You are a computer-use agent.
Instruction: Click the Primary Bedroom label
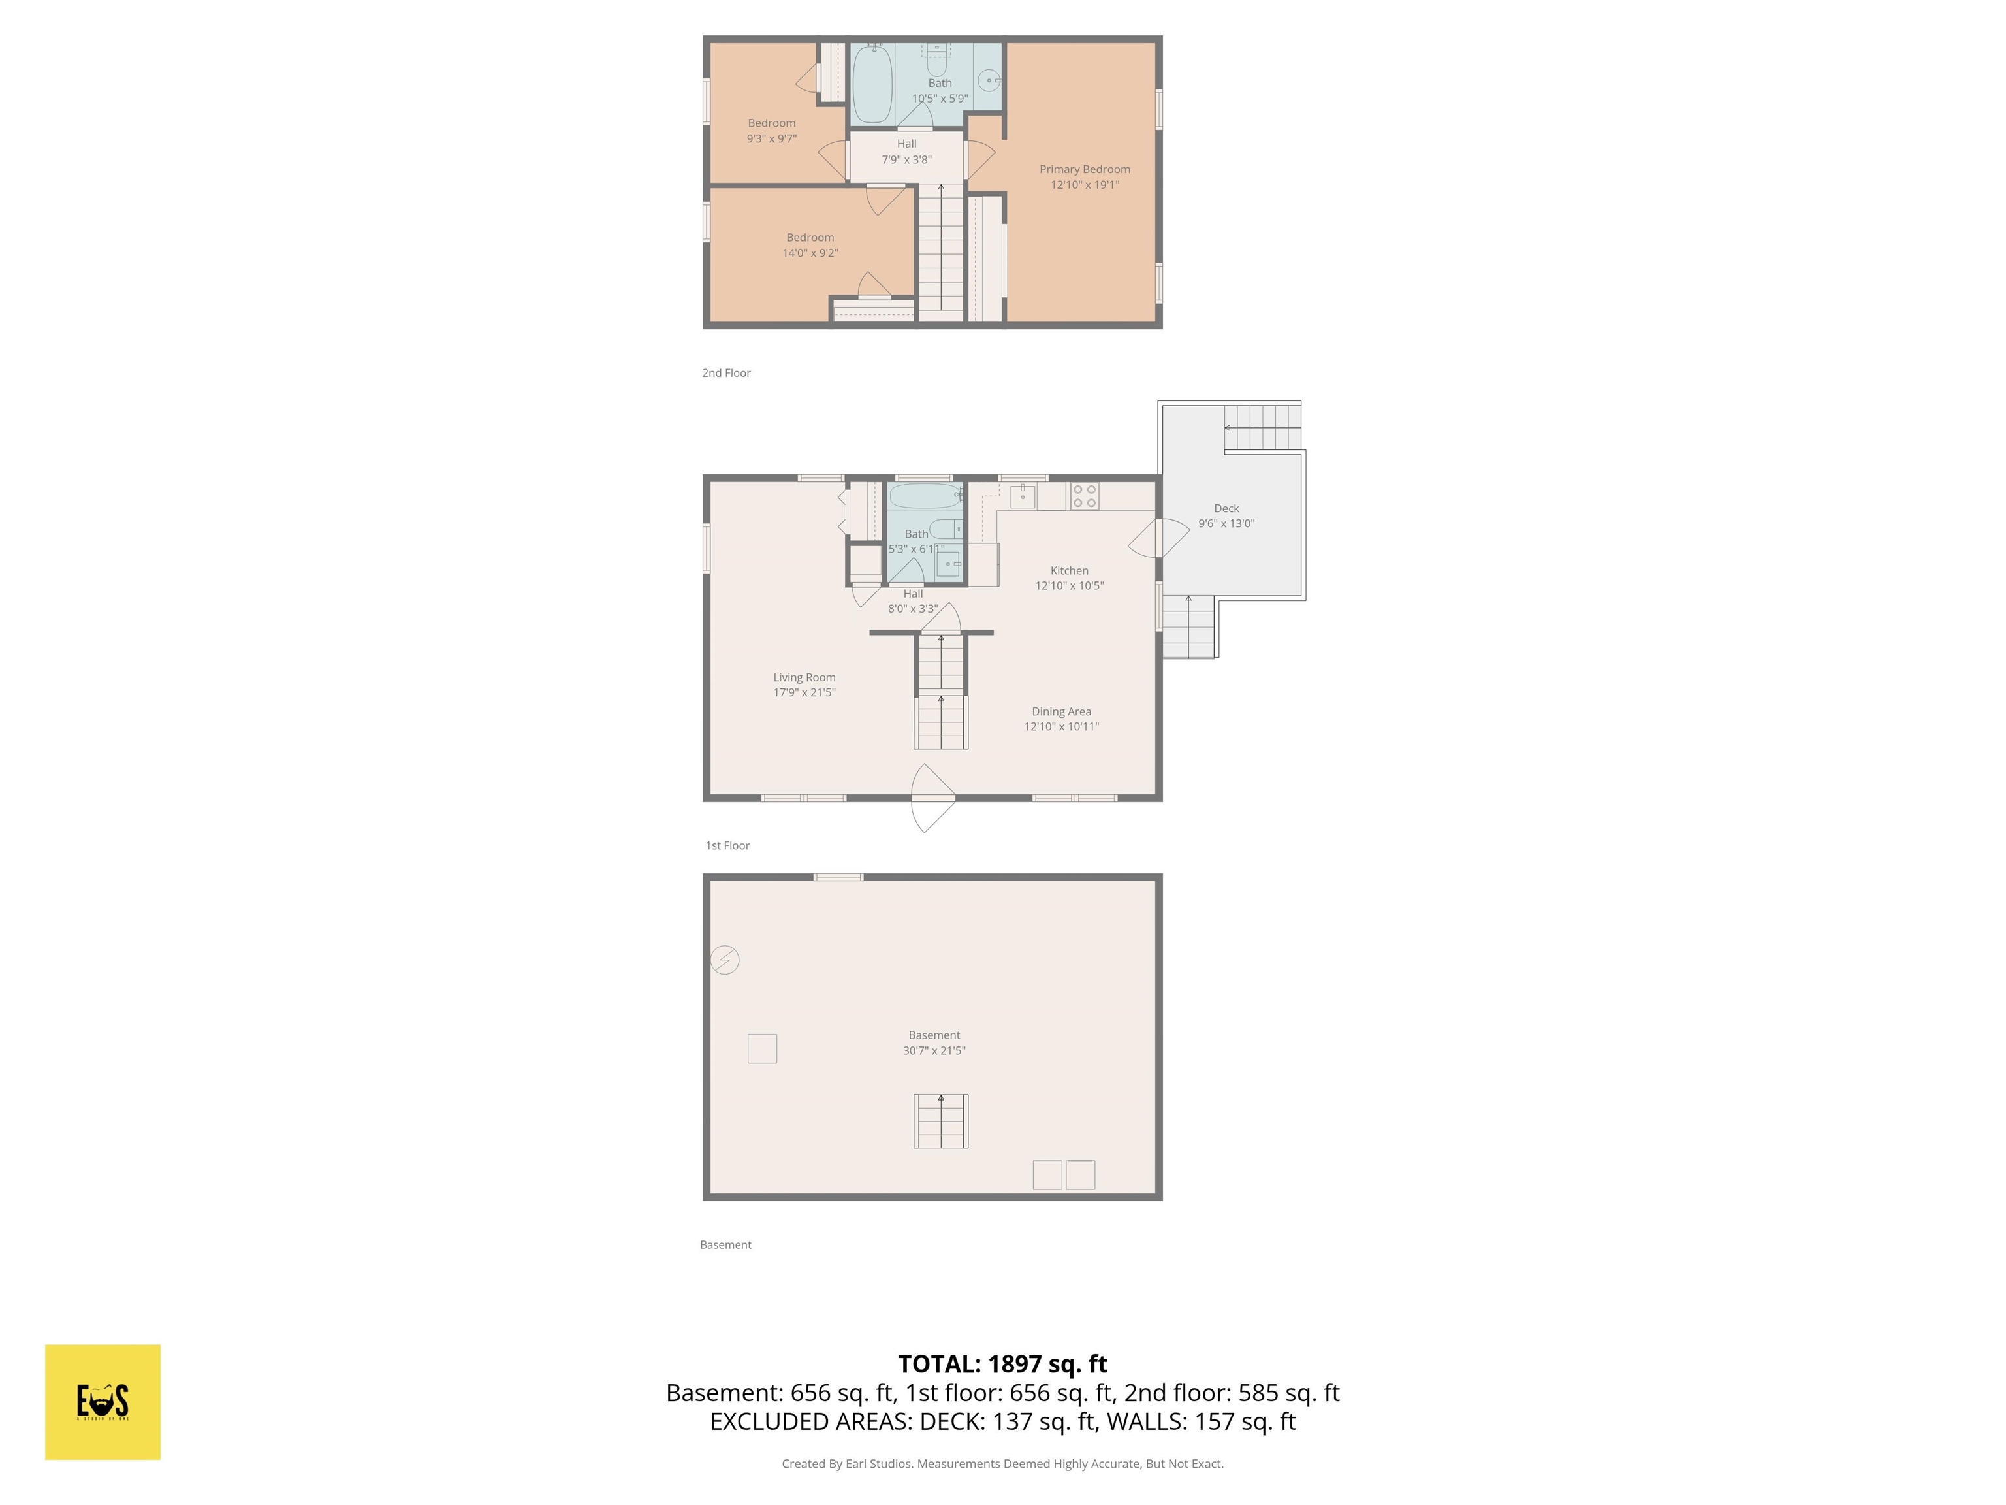pyautogui.click(x=1085, y=170)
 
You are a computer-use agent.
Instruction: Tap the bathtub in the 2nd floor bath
pyautogui.click(x=872, y=84)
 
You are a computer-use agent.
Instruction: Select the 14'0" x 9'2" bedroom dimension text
pyautogui.click(x=810, y=253)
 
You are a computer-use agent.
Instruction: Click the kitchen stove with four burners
pyautogui.click(x=1085, y=496)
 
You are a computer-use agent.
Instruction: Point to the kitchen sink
pyautogui.click(x=1023, y=496)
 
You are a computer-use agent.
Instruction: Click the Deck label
pyautogui.click(x=1226, y=509)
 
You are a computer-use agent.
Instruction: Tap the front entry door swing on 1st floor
pyautogui.click(x=931, y=798)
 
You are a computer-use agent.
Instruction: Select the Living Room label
pyautogui.click(x=804, y=677)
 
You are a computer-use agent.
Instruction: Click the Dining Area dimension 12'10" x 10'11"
pyautogui.click(x=1061, y=726)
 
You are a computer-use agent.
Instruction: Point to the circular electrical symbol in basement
pyautogui.click(x=725, y=960)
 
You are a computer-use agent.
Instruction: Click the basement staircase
pyautogui.click(x=940, y=1122)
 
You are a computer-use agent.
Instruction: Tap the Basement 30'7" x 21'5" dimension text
pyautogui.click(x=934, y=1050)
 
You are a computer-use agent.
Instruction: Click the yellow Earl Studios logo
pyautogui.click(x=103, y=1402)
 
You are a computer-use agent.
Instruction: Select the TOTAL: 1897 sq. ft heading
pyautogui.click(x=1002, y=1363)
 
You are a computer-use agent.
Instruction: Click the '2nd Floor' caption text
pyautogui.click(x=726, y=373)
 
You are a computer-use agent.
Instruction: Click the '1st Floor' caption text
pyautogui.click(x=727, y=845)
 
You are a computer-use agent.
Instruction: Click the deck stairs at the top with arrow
pyautogui.click(x=1262, y=427)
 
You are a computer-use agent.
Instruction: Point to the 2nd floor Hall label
pyautogui.click(x=907, y=144)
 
